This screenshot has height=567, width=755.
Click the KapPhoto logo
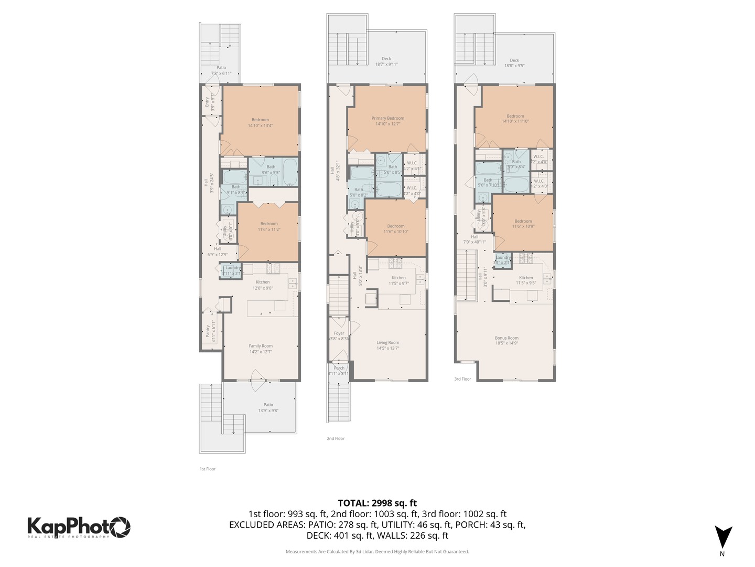(x=79, y=527)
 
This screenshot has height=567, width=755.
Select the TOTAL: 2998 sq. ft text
(x=377, y=503)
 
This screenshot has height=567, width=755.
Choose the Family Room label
(x=260, y=349)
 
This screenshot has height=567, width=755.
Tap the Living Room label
(x=387, y=345)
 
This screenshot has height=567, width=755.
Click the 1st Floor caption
(x=207, y=469)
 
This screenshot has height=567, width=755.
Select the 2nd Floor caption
(x=336, y=438)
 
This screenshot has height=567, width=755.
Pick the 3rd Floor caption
(x=462, y=379)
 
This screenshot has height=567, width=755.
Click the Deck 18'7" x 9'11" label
(x=386, y=61)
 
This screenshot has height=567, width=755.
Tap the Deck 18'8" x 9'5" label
(x=514, y=63)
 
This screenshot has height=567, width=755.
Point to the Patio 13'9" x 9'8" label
(x=268, y=407)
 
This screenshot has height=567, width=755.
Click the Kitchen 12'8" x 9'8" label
(x=262, y=285)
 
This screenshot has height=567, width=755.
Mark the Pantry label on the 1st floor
(x=210, y=331)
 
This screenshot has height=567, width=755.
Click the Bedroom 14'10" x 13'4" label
(x=260, y=122)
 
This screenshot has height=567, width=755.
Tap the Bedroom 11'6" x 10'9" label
(x=523, y=224)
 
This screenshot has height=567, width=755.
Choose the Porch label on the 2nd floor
(x=339, y=371)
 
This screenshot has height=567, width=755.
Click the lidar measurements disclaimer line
(x=377, y=552)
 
